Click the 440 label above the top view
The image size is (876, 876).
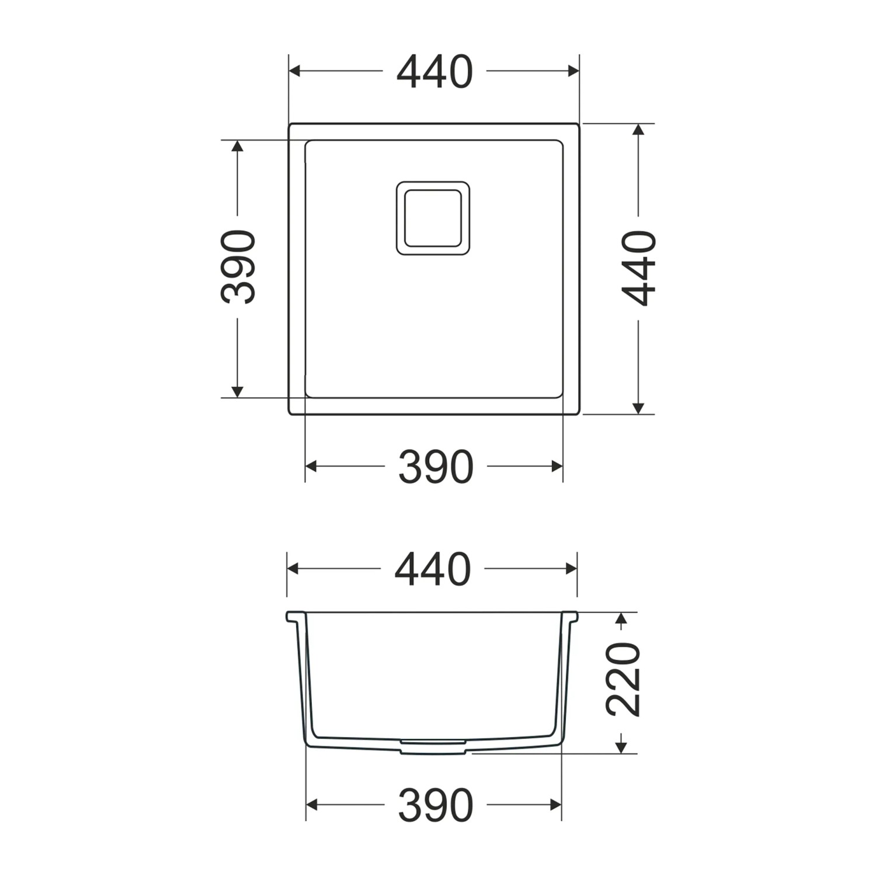pos(434,72)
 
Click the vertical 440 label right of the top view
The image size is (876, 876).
pos(639,268)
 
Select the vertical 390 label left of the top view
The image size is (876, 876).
pos(238,267)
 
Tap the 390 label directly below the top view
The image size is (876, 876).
pos(435,467)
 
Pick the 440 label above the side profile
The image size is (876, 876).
pos(433,569)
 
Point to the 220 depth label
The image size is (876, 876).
pos(624,679)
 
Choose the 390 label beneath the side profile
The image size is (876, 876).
pos(435,805)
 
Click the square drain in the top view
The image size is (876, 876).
pos(433,218)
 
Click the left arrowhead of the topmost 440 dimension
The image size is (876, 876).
pos(295,71)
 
